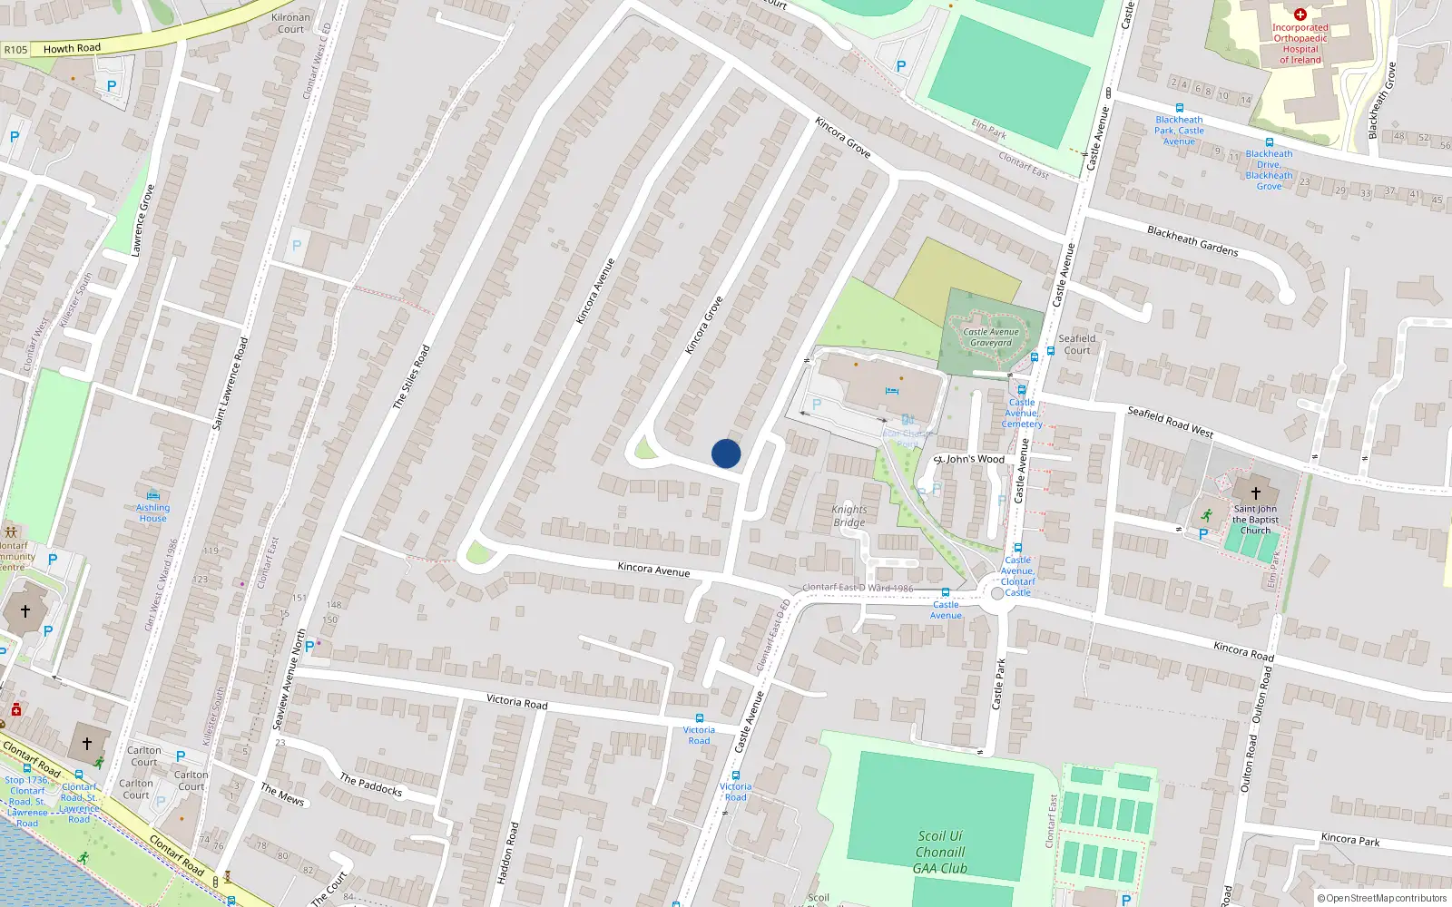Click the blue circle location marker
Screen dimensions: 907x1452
pyautogui.click(x=726, y=453)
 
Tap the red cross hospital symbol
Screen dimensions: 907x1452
pyautogui.click(x=1300, y=15)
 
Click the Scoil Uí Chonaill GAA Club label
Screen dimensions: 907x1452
pyautogui.click(x=940, y=853)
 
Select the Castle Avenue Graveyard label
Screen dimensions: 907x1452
pyautogui.click(x=990, y=337)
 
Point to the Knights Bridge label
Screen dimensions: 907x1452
pyautogui.click(x=849, y=516)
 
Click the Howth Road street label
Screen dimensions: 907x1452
pyautogui.click(x=72, y=48)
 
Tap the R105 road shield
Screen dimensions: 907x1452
pyautogui.click(x=15, y=50)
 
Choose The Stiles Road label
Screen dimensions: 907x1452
pyautogui.click(x=411, y=376)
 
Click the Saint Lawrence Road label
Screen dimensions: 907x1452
pyautogui.click(x=230, y=383)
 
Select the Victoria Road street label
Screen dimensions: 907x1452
pyautogui.click(x=516, y=701)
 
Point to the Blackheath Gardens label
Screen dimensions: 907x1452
pyautogui.click(x=1192, y=240)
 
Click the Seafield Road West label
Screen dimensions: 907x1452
pyautogui.click(x=1170, y=422)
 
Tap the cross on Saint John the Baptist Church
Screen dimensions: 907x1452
pyautogui.click(x=1256, y=493)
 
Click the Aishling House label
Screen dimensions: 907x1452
pyautogui.click(x=152, y=512)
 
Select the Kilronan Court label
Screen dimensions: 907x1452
pyautogui.click(x=290, y=24)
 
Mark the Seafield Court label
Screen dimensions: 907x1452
pyautogui.click(x=1077, y=345)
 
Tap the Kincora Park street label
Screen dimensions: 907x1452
pyautogui.click(x=1350, y=839)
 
